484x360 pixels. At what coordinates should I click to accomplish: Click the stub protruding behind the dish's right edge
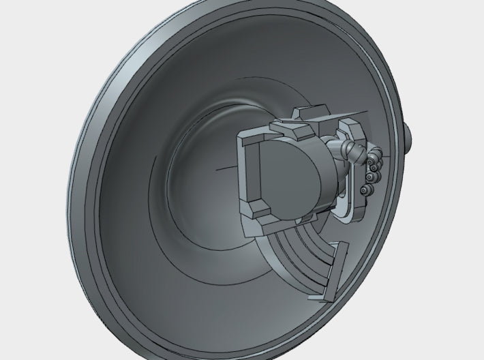coord(409,136)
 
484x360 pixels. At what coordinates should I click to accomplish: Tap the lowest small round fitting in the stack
coord(366,190)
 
